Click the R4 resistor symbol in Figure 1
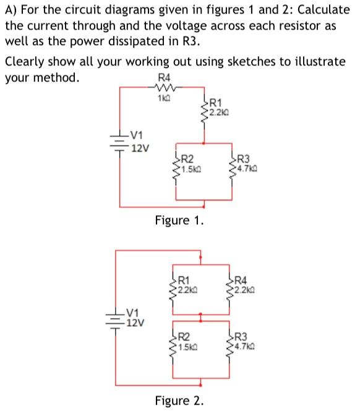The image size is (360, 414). point(163,88)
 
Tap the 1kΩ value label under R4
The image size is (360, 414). point(163,98)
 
